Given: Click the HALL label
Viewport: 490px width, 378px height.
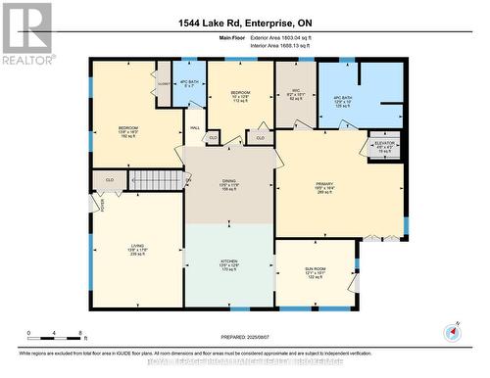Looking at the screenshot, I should [195, 127].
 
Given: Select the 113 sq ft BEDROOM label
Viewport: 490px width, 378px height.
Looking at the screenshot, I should [241, 96].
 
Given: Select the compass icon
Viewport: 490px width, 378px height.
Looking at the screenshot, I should [453, 331].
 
